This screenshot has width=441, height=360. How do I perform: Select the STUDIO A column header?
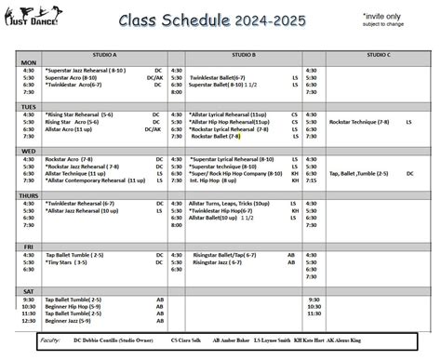[101, 55]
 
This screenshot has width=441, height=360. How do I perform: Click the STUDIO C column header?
[378, 55]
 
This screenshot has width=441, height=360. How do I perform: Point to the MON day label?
[29, 62]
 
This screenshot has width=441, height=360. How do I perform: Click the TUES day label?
[29, 107]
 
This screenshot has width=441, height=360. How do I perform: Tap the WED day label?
[29, 151]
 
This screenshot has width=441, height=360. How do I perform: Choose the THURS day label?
[29, 195]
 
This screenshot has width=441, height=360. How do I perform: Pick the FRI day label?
[29, 247]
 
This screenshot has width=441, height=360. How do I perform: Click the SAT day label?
[29, 290]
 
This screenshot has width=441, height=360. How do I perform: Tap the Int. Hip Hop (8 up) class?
[218, 180]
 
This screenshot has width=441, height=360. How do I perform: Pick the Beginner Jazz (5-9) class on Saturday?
[69, 320]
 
